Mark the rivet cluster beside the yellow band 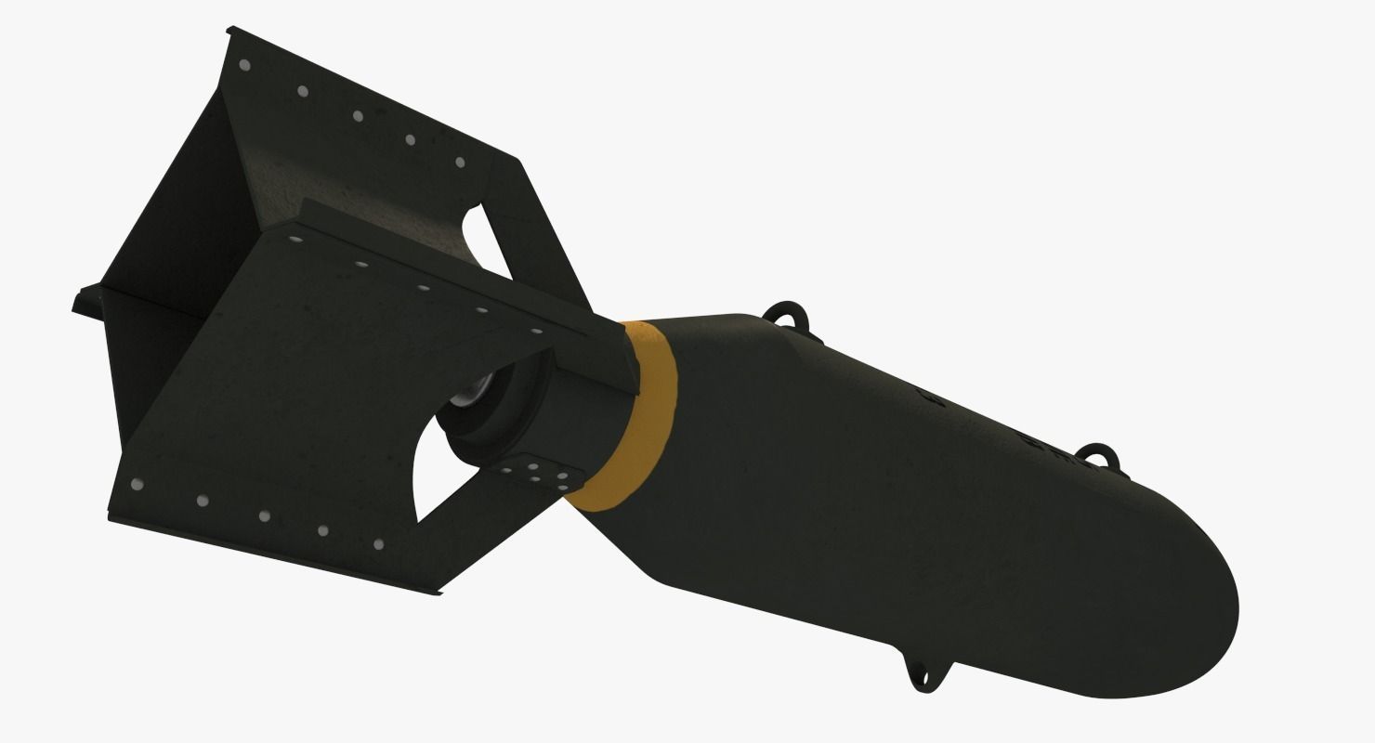point(549,475)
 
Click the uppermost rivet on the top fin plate point(245,65)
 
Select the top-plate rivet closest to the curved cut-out point(459,162)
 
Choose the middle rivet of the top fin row point(358,115)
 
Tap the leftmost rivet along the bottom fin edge point(138,484)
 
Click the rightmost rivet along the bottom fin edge point(378,544)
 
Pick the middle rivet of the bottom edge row point(264,515)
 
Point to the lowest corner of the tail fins point(437,589)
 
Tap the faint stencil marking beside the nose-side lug point(1041,437)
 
